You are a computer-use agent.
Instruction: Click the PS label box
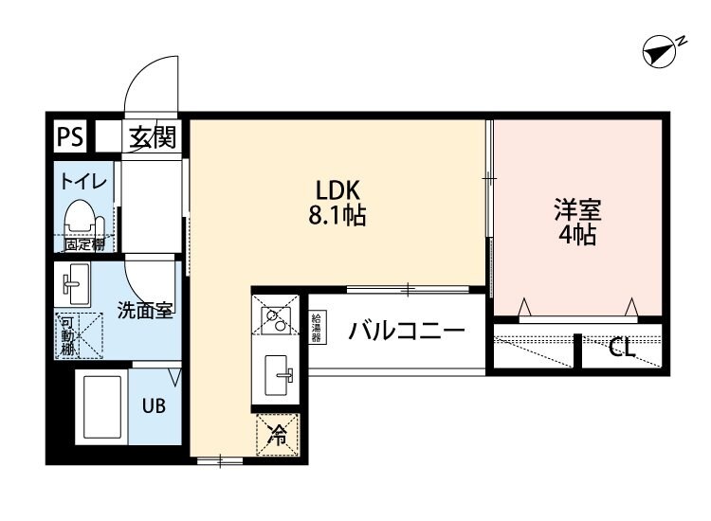coord(68,137)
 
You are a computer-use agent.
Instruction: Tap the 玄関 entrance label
coord(153,138)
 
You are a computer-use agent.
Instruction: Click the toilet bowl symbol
coord(82,221)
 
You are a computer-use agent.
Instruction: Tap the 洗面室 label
coord(144,309)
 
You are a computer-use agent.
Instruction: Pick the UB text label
coord(154,407)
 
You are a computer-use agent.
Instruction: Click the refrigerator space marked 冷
coord(278,436)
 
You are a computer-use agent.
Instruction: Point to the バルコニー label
coord(405,332)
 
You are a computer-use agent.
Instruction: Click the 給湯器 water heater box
coord(317,327)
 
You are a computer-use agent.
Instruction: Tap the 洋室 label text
coord(577,208)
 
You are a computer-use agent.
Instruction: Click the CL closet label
coord(622,350)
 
